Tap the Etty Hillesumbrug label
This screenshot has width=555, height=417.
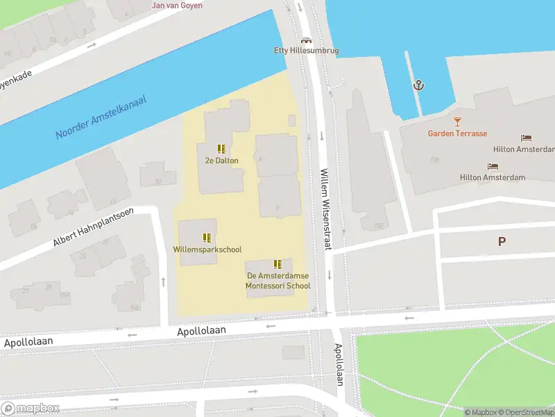306,51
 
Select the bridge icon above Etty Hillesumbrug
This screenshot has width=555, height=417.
306,40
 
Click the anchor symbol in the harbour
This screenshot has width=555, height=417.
418,85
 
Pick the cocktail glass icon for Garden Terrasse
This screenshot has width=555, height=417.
457,122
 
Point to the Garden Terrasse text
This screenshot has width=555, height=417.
457,133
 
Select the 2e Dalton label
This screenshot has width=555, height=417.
222,161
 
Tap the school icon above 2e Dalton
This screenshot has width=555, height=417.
222,149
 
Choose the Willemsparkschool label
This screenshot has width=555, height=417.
207,250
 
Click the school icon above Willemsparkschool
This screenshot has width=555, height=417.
207,238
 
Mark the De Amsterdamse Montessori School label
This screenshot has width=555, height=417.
278,281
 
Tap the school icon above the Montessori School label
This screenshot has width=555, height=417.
278,264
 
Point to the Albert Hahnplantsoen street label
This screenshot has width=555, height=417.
102,227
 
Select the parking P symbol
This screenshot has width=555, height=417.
502,242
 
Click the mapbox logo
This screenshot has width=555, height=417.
31,409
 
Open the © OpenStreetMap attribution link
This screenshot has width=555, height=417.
524,412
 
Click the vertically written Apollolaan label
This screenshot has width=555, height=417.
339,365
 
